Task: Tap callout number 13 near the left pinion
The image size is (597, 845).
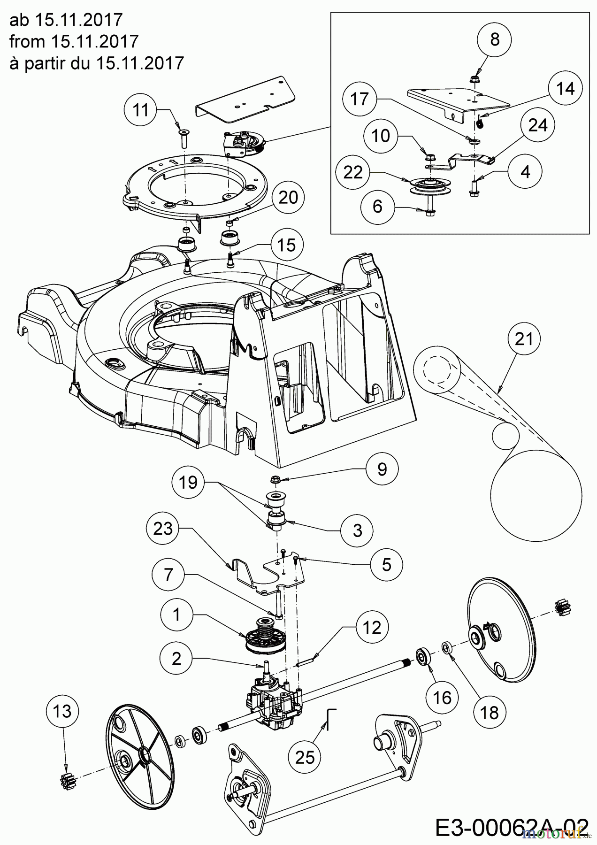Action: coord(62,711)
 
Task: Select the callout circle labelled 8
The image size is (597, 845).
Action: coord(495,39)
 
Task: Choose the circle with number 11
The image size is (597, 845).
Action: coord(140,110)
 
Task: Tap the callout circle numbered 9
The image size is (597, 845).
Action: coord(382,469)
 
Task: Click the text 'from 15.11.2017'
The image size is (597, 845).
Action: coord(74,41)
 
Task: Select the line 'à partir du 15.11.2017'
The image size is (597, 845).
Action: coord(96,63)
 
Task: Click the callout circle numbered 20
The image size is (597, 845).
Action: coord(288,198)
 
